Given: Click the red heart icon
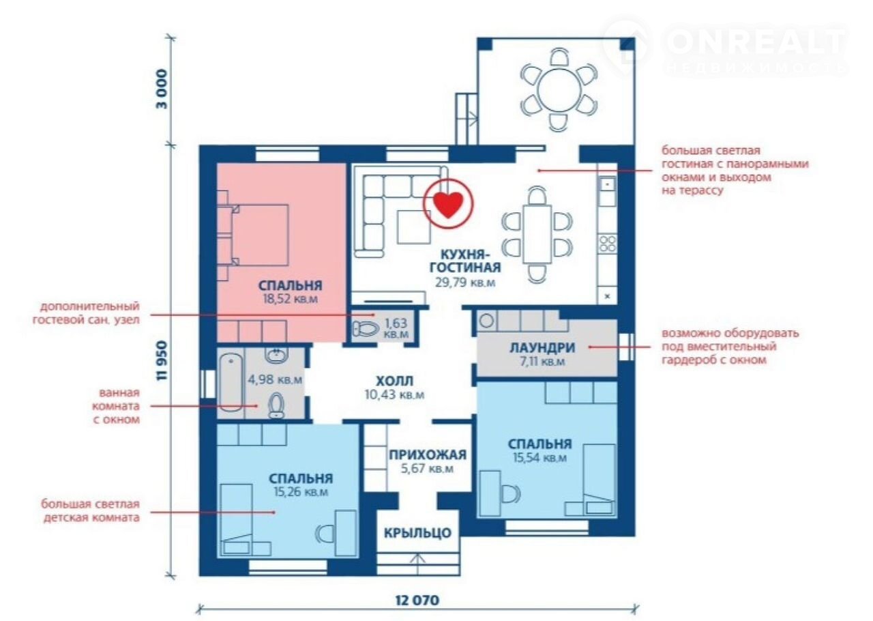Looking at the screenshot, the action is (448, 205).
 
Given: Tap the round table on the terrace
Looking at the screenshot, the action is (559, 89).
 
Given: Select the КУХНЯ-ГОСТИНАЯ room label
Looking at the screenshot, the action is (465, 261).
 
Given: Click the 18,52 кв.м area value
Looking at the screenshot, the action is (291, 299).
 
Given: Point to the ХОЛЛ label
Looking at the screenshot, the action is (394, 381).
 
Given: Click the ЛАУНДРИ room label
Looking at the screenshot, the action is (542, 347).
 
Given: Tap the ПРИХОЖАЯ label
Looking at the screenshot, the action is (428, 454).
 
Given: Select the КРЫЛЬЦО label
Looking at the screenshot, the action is (418, 533).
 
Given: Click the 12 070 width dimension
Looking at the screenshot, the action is (417, 600).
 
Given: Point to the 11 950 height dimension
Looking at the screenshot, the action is (162, 361).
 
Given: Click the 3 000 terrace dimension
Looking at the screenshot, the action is (162, 89).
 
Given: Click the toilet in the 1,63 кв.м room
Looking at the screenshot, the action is (366, 329).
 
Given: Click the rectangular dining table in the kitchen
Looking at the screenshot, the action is (537, 234).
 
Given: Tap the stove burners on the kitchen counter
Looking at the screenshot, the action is (607, 244).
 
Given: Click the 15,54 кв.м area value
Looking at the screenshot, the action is (539, 458).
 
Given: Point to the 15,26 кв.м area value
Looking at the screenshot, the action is (301, 492).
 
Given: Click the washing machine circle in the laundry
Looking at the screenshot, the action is (486, 321).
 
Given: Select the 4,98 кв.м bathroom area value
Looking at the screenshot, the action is (275, 379).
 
